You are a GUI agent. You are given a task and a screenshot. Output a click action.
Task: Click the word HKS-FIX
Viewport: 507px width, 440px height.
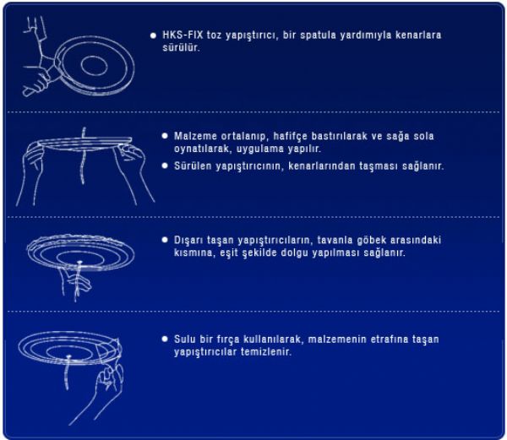(183, 35)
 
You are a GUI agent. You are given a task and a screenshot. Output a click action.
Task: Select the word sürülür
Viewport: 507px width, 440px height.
(181, 48)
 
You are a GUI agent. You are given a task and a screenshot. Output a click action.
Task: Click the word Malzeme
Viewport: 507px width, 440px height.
(195, 136)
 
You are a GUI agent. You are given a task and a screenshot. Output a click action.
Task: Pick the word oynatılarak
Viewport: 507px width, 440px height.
(203, 149)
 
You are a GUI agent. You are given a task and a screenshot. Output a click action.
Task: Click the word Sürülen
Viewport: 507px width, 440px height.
(193, 166)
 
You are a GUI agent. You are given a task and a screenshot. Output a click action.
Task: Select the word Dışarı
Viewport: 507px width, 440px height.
(188, 241)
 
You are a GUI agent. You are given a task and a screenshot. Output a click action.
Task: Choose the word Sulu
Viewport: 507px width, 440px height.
(184, 340)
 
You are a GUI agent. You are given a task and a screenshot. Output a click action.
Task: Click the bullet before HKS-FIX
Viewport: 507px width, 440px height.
(153, 35)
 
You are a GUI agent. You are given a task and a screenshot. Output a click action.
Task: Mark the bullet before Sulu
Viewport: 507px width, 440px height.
(165, 339)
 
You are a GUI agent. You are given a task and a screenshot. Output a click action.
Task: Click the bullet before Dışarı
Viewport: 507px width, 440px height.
(165, 240)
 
